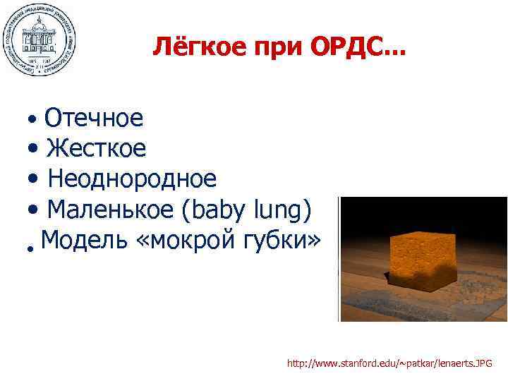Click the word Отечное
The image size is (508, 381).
pos(93,118)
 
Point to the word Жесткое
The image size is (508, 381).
pos(97,148)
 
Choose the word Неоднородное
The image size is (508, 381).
pos(132,179)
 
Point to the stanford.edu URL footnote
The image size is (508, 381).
pos(389,363)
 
